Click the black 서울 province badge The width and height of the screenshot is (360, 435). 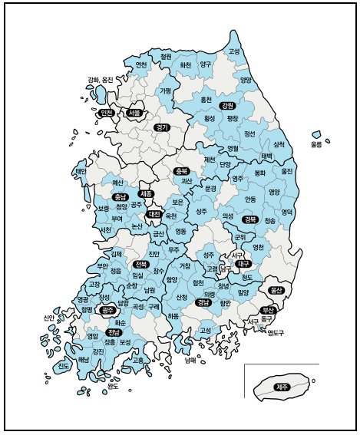click(134, 113)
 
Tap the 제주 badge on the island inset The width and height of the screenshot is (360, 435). click(282, 387)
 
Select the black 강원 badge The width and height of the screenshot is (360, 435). click(226, 106)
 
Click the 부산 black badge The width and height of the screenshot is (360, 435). click(268, 309)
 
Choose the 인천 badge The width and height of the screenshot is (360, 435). click(107, 113)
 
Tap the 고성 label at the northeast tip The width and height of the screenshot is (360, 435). click(234, 51)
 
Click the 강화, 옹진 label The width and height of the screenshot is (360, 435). click(100, 80)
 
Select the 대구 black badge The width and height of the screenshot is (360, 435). click(244, 263)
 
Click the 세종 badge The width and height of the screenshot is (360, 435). click(146, 194)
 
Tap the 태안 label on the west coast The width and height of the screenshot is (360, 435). click(81, 171)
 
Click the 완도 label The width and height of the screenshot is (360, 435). click(113, 387)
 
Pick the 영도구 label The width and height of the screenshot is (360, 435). click(276, 333)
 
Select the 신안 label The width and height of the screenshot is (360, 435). click(50, 318)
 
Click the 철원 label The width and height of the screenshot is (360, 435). click(165, 56)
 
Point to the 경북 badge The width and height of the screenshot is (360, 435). click(249, 219)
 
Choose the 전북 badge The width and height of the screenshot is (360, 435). click(140, 264)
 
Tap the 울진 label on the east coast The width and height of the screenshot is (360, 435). click(287, 171)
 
